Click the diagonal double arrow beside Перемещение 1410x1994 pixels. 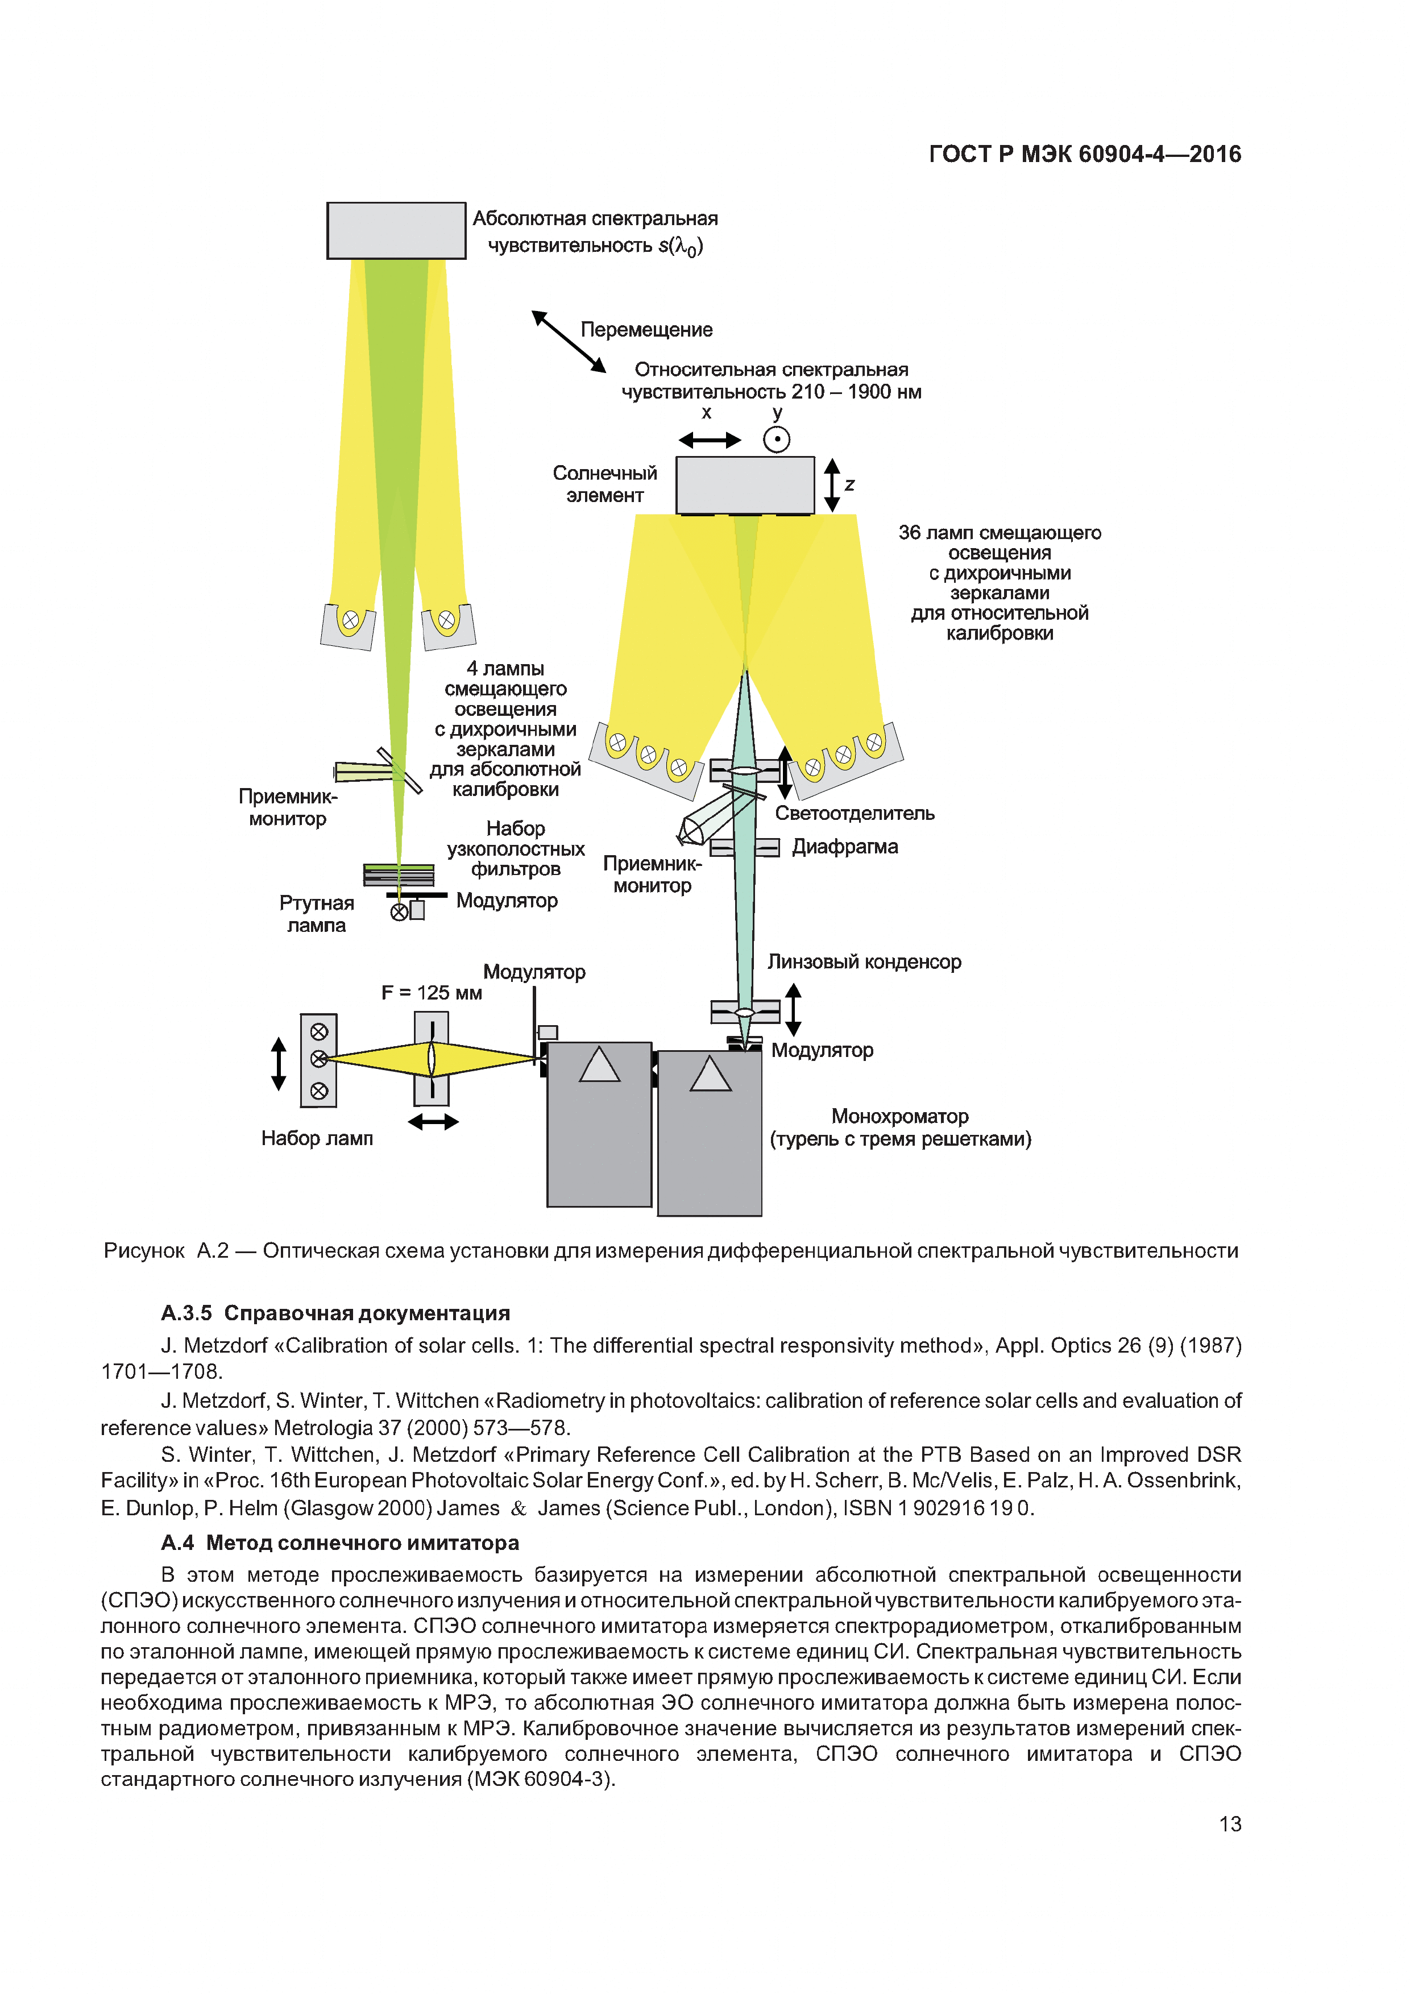(x=569, y=341)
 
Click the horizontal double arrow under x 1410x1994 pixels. (x=710, y=440)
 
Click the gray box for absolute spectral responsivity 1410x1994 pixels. (x=396, y=230)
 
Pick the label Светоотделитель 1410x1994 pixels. (x=855, y=814)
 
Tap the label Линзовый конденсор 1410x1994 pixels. (x=864, y=962)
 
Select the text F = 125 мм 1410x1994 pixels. (x=432, y=993)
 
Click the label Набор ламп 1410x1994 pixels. (x=317, y=1138)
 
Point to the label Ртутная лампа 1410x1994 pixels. (x=316, y=914)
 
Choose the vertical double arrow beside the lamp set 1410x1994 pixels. (x=279, y=1063)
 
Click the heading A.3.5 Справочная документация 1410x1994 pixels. (x=335, y=1313)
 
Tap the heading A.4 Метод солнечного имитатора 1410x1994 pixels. (x=339, y=1543)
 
